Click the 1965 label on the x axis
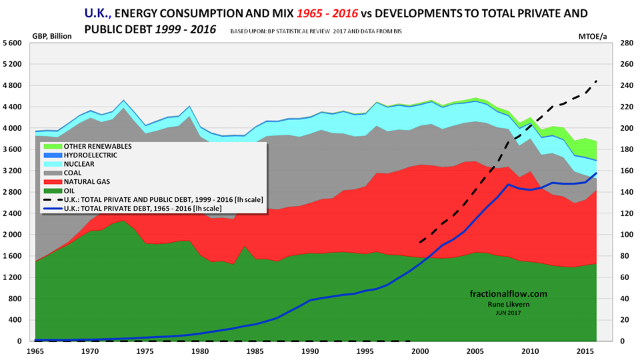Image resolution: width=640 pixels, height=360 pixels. tap(35, 350)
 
